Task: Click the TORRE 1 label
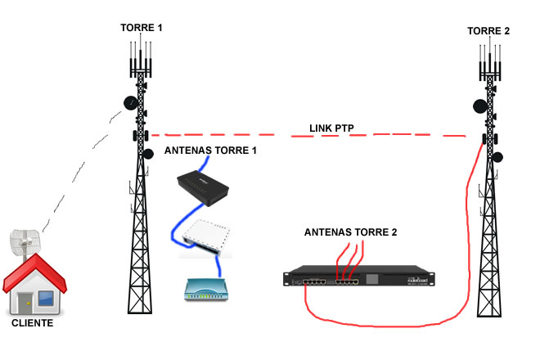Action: click(142, 28)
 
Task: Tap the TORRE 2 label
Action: click(488, 31)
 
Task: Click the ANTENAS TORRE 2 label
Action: click(350, 232)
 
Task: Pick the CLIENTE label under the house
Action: click(33, 323)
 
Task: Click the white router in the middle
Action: click(206, 235)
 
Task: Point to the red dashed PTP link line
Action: click(245, 135)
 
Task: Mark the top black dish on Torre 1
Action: click(130, 103)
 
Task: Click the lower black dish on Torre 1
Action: click(149, 153)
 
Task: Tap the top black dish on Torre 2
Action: click(479, 106)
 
